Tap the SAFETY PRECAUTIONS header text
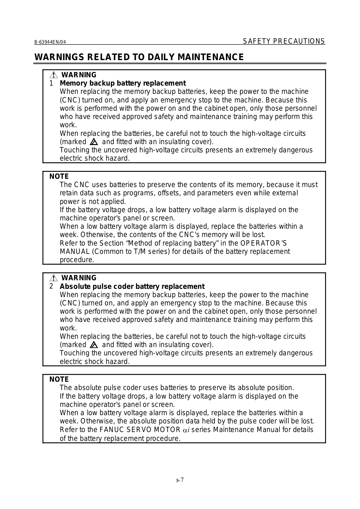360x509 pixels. [284, 41]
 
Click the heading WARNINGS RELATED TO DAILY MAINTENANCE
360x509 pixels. [139, 57]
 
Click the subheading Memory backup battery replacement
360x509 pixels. [123, 83]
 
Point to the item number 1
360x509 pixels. [51, 83]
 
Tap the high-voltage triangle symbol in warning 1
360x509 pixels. [93, 142]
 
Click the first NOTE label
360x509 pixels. [59, 176]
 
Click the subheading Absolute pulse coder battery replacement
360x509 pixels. [132, 286]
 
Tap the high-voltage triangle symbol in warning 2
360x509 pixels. [93, 345]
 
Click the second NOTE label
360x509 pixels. [59, 379]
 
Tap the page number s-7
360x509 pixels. [180, 480]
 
